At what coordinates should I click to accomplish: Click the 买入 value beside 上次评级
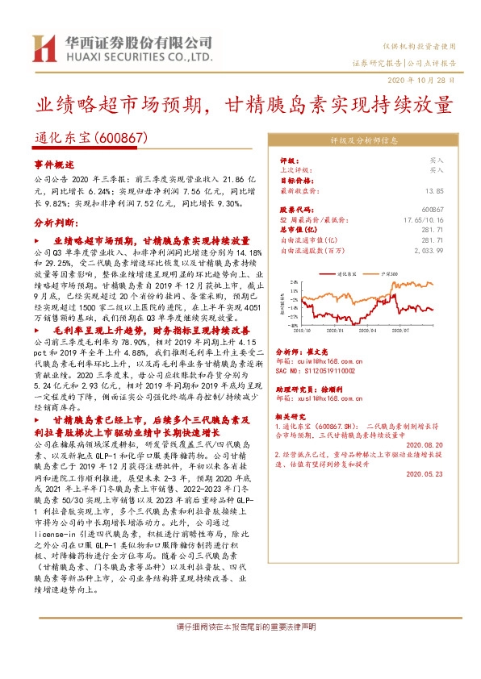(x=436, y=170)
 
